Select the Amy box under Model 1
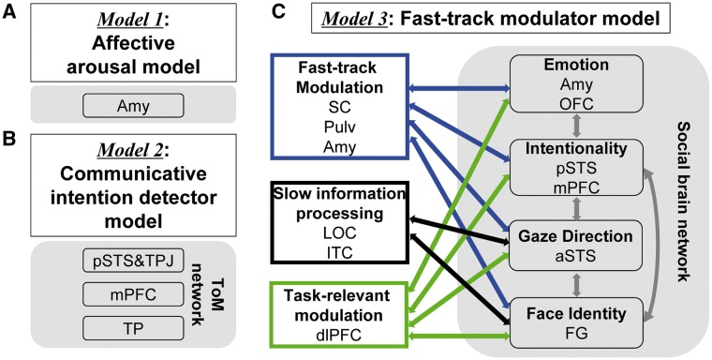coord(133,105)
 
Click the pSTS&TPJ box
coord(133,262)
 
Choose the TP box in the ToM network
coord(133,328)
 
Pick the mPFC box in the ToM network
coord(133,295)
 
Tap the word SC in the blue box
coord(339,107)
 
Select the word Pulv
coord(339,127)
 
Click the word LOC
coord(339,233)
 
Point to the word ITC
coord(339,253)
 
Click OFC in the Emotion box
coord(577,105)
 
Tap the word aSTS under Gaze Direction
coord(577,256)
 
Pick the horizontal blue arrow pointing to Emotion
coord(459,87)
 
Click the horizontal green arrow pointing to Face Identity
coord(459,337)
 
